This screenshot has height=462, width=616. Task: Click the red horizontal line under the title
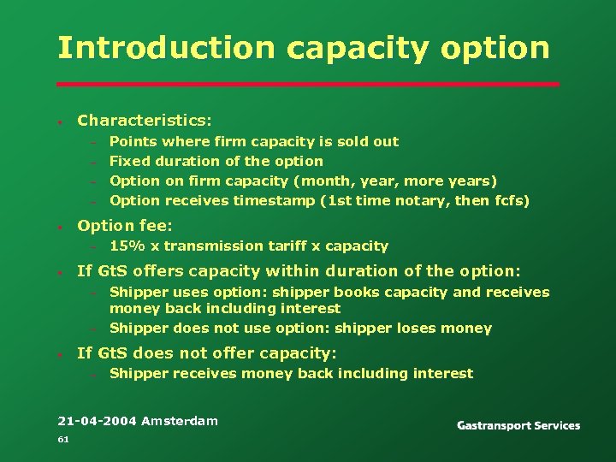[x=308, y=84]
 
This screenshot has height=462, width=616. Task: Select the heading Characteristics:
[x=145, y=121]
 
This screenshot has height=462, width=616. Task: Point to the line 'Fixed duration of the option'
[x=216, y=161]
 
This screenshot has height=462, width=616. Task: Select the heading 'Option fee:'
[x=125, y=226]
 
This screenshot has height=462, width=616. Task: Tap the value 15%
[x=127, y=246]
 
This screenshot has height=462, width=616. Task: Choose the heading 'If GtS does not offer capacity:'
[x=207, y=352]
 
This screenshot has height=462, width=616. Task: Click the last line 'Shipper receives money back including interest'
[x=291, y=373]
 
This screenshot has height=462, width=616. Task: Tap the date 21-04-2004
[x=97, y=421]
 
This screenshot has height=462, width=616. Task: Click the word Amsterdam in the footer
[x=180, y=421]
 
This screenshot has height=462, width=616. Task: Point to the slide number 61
[x=62, y=439]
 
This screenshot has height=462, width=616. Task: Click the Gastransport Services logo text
[x=518, y=425]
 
